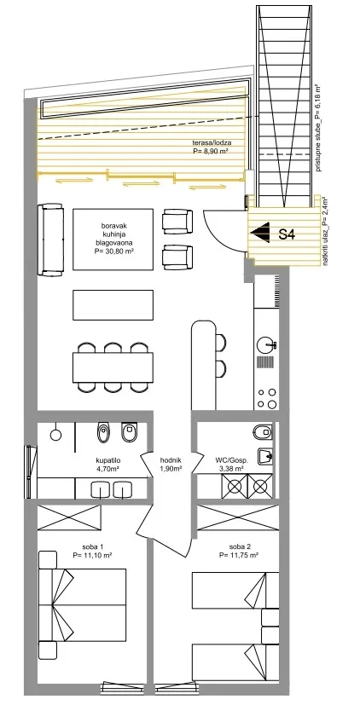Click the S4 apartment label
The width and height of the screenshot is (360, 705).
point(287,234)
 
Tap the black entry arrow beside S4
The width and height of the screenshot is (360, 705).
point(260,233)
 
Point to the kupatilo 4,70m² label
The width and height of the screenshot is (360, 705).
point(108,465)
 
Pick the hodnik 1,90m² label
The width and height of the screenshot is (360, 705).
point(171,465)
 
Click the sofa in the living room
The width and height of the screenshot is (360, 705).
point(51,240)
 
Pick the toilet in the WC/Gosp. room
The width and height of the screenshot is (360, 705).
point(263,432)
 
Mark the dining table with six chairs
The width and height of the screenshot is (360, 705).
point(113,367)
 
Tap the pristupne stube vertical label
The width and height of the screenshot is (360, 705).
point(318,128)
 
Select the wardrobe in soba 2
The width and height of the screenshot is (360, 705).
point(238,517)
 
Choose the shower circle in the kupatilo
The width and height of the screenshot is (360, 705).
point(55,434)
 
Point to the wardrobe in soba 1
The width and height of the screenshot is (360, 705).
point(69,517)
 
